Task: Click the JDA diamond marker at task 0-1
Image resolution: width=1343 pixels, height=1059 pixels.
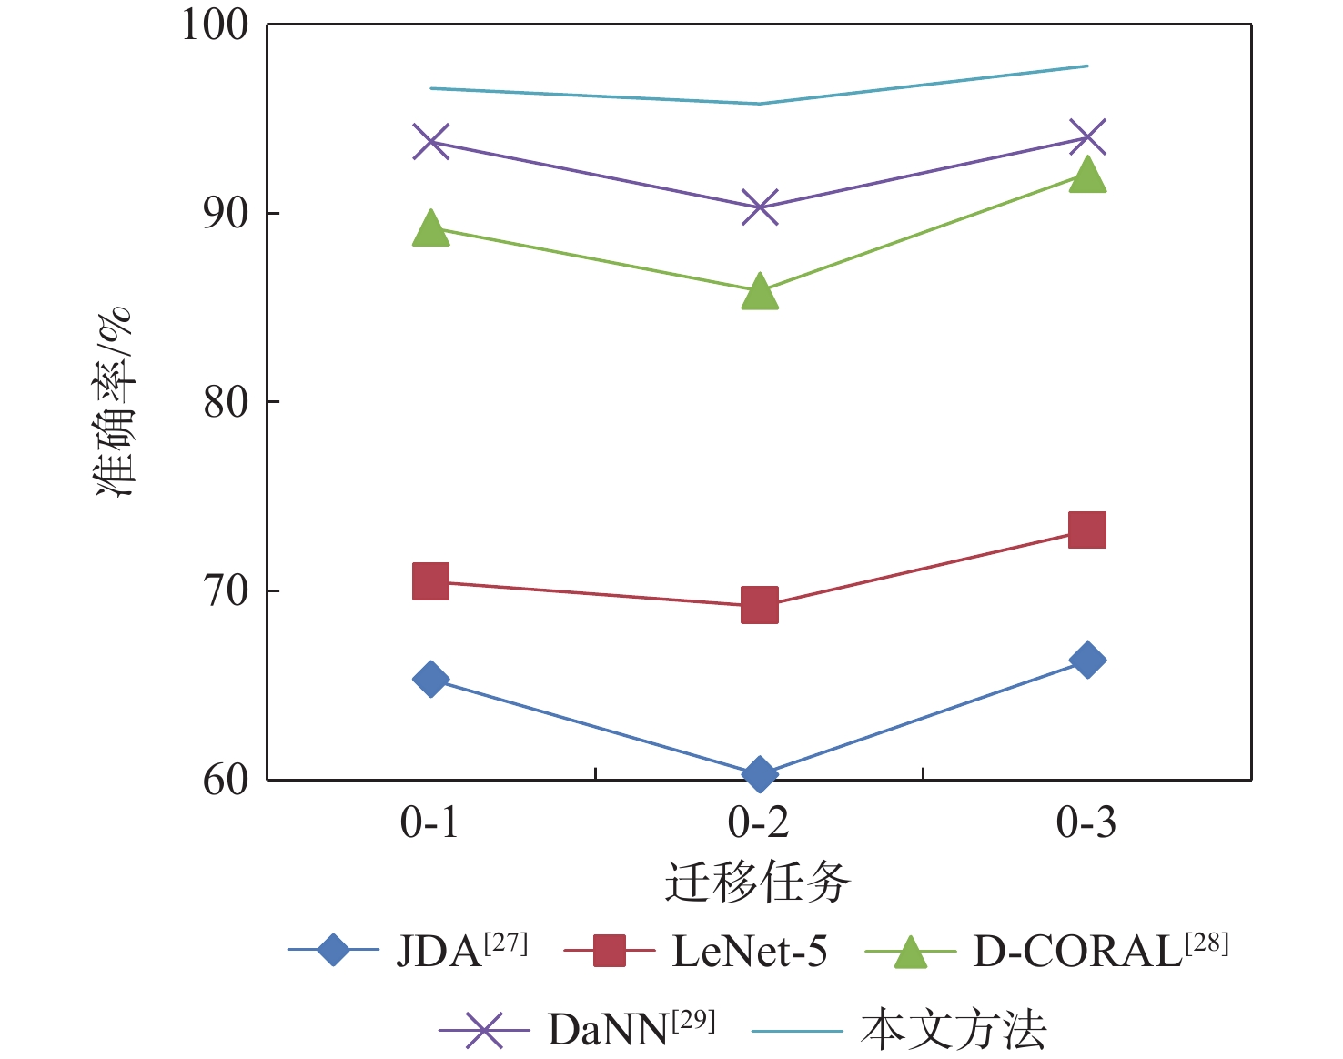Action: [430, 679]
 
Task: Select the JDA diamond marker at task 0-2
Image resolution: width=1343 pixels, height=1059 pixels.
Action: [760, 774]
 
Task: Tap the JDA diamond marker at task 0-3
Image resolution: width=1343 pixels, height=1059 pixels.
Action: [1087, 660]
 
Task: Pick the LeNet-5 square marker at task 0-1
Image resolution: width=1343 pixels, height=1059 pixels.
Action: [430, 581]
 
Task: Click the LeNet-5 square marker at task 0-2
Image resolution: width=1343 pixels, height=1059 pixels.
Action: [760, 605]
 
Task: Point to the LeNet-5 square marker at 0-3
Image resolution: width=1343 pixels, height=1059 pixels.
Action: [1087, 529]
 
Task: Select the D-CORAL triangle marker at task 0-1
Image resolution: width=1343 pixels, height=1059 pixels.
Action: [430, 229]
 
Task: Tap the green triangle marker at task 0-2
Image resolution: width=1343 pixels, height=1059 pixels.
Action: [760, 292]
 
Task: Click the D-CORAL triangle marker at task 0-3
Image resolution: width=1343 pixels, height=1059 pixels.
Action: [1087, 175]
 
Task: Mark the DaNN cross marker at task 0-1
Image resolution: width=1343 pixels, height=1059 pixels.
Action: [430, 141]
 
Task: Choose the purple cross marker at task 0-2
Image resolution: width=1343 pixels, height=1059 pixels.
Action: [760, 207]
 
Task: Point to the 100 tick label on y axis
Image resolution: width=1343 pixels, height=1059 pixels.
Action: [215, 25]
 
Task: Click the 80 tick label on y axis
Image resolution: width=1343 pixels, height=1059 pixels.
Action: [226, 402]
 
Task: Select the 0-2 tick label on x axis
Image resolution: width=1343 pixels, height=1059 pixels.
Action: [758, 822]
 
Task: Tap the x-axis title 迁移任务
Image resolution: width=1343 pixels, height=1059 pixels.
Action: [758, 882]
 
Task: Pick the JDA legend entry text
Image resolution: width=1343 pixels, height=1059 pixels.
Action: [461, 952]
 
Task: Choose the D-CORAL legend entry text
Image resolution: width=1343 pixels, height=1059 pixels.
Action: [1099, 952]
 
